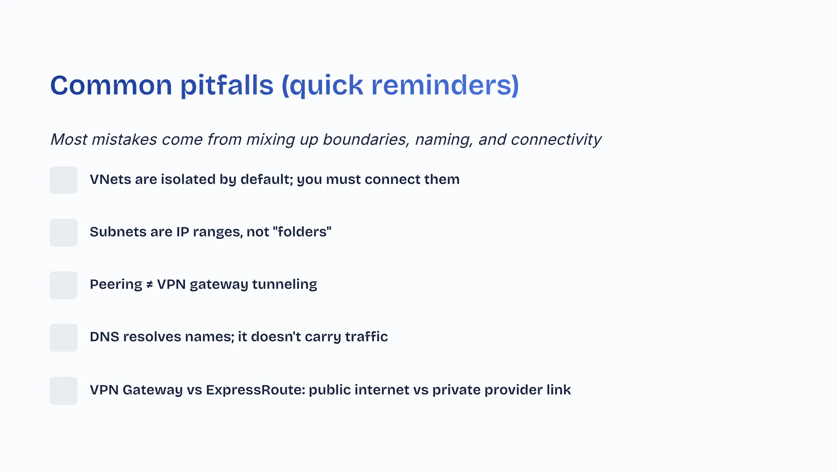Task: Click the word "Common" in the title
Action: click(x=111, y=85)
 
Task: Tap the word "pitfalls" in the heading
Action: click(x=227, y=85)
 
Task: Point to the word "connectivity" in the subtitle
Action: click(x=556, y=139)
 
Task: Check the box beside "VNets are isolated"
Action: click(x=63, y=180)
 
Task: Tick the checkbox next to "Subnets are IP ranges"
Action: click(x=63, y=233)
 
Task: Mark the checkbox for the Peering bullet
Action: click(x=63, y=285)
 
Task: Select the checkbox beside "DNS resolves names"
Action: click(x=63, y=338)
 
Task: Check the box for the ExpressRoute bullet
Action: click(x=63, y=391)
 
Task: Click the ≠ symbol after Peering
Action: click(x=150, y=285)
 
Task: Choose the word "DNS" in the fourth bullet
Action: click(x=105, y=337)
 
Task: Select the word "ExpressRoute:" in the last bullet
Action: click(x=256, y=390)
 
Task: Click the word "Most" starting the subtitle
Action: click(x=69, y=139)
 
